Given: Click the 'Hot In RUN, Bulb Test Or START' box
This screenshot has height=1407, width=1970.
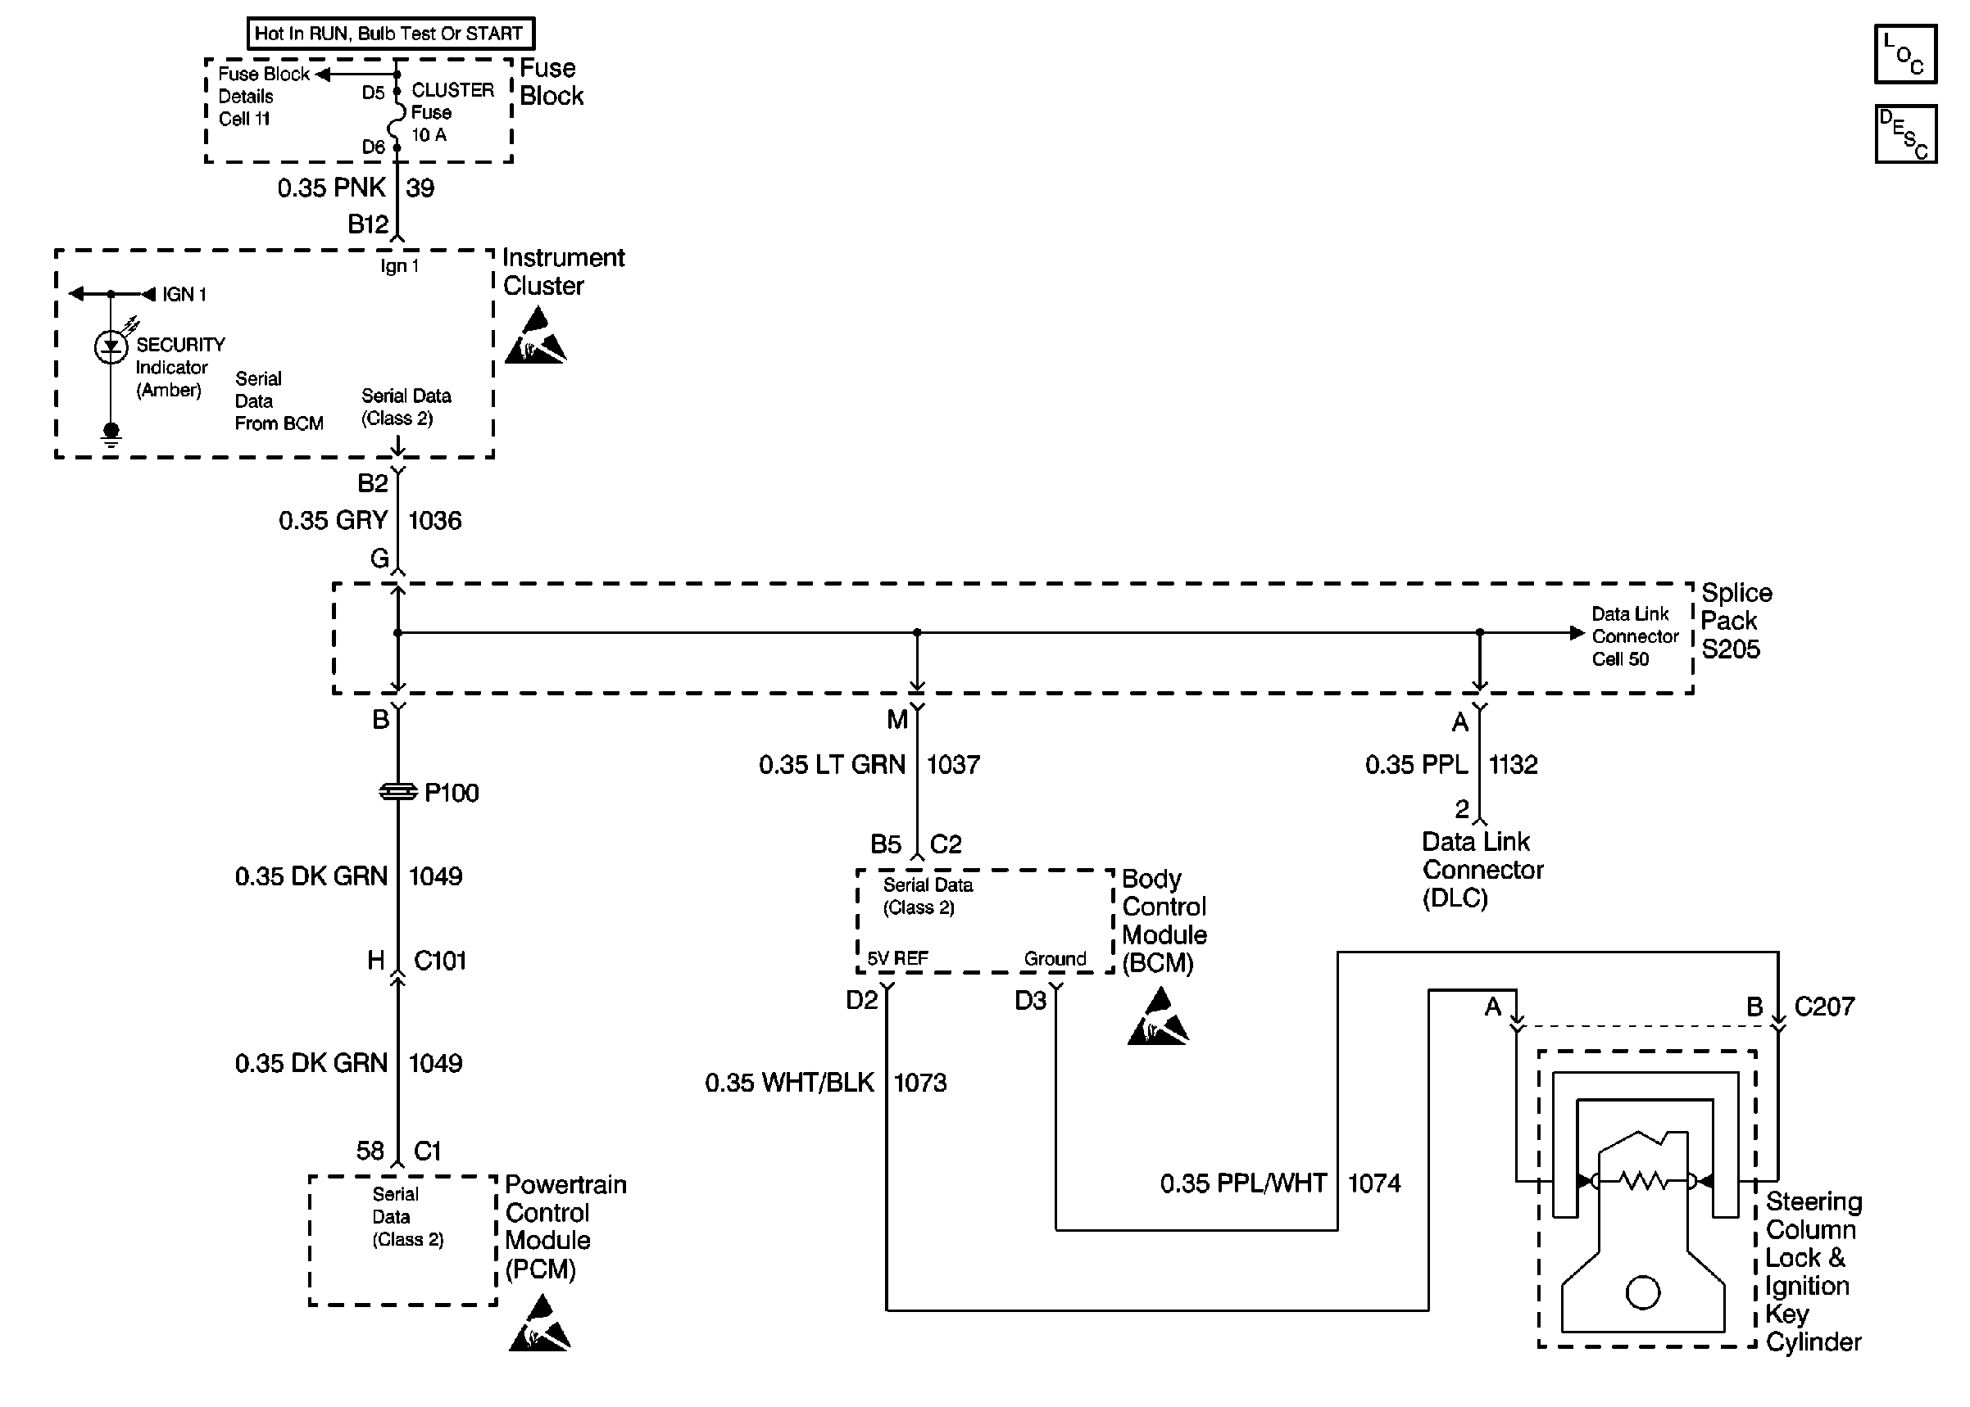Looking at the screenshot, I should [390, 34].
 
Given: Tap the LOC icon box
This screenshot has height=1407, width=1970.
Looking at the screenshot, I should [1905, 55].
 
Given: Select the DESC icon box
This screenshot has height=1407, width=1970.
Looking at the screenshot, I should [1905, 134].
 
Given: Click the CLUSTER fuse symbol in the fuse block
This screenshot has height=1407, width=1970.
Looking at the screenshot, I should [397, 119].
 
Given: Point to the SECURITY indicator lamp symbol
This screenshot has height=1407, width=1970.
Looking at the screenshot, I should [111, 347].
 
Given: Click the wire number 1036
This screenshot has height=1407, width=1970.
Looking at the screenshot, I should [434, 521].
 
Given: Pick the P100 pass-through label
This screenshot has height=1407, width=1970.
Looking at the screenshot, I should [451, 793].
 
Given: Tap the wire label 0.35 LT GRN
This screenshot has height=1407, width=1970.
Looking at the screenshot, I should [831, 765].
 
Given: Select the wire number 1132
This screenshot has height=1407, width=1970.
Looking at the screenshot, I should [1513, 765].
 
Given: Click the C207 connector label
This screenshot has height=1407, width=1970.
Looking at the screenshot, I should [1823, 1007].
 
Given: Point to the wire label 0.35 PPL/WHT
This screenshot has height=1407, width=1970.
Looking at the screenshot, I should [1243, 1183].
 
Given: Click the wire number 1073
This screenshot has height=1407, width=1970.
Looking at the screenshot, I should [919, 1083].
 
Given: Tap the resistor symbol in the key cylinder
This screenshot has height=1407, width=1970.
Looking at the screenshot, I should [1642, 1180].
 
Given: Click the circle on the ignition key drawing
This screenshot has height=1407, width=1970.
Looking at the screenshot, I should [1642, 1292].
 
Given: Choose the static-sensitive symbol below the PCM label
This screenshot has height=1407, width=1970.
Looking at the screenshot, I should [539, 1325].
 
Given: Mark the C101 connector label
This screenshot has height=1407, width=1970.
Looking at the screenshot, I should [439, 961].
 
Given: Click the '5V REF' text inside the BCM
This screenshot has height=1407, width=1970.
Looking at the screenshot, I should [897, 959].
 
